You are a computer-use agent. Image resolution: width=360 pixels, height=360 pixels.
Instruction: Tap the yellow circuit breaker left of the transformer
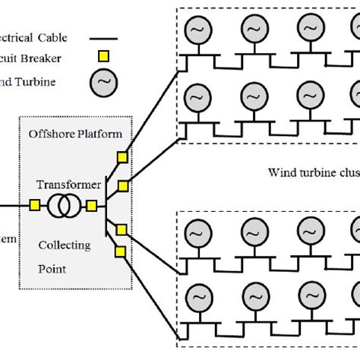click(35, 205)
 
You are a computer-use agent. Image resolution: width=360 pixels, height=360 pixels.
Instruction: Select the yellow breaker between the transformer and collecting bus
click(90, 205)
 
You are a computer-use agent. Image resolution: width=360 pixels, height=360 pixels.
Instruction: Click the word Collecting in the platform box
click(64, 245)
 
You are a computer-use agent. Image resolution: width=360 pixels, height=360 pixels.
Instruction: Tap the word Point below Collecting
click(52, 268)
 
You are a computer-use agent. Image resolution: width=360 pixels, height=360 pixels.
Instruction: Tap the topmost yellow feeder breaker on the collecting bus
click(122, 157)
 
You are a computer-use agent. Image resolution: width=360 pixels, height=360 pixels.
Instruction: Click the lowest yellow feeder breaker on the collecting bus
click(119, 251)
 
